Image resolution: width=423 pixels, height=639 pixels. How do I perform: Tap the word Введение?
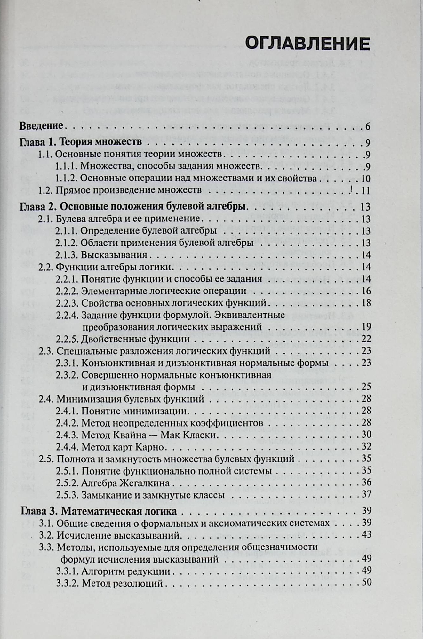pos(41,126)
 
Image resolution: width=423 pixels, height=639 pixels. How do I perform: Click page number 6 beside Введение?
pos(367,126)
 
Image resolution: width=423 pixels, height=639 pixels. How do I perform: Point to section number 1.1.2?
pos(66,178)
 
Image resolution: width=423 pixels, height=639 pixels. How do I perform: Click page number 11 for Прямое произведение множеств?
pos(365,191)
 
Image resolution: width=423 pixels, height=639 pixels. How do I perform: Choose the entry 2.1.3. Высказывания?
pos(101,255)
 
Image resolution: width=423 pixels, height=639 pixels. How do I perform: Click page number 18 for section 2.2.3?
pos(366,303)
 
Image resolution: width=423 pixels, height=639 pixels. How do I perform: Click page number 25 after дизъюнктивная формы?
pos(366,387)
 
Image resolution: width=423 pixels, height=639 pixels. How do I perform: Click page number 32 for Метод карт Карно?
pos(366,447)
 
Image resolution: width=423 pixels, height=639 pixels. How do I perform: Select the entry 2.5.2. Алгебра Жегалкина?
pos(113,483)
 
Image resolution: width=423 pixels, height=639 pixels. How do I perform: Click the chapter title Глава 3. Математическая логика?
pos(99,511)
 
